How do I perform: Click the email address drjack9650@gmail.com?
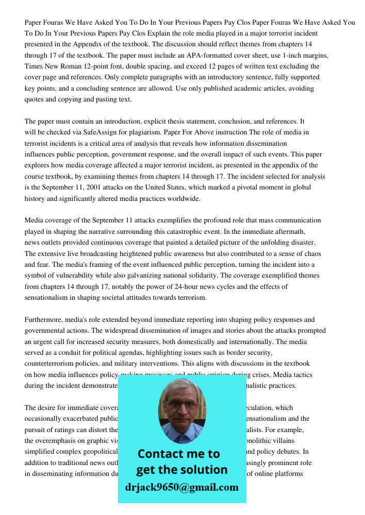point(181,487)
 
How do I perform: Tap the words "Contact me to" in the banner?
point(178,454)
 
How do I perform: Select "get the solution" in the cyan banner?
point(181,470)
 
